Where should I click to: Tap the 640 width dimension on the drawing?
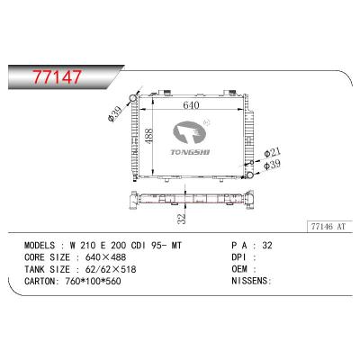tap(190, 103)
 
